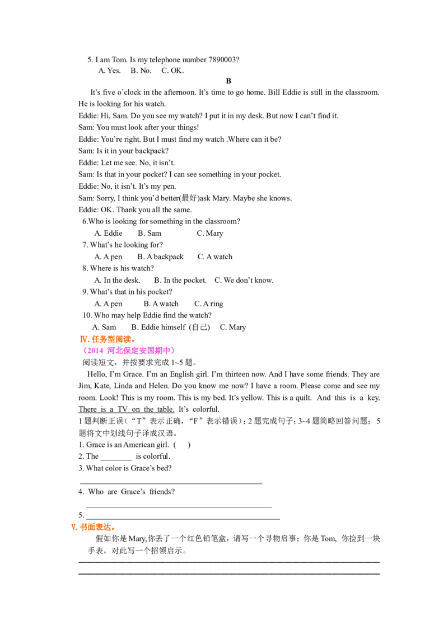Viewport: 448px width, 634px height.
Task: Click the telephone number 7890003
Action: (222, 60)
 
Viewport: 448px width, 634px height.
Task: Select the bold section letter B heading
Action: (228, 81)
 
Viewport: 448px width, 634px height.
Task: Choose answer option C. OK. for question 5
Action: (172, 71)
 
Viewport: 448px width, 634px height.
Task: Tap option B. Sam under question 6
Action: (149, 234)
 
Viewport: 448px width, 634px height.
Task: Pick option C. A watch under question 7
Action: (214, 257)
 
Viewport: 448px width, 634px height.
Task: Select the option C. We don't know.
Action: (244, 280)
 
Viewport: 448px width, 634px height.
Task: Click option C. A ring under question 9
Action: (209, 304)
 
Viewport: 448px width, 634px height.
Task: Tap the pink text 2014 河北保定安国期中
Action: (129, 351)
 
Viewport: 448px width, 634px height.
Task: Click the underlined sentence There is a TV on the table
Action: (127, 409)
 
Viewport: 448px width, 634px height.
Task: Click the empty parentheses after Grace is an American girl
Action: (182, 445)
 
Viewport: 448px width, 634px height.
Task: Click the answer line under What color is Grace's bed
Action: (171, 483)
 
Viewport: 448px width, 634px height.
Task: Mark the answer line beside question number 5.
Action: (183, 518)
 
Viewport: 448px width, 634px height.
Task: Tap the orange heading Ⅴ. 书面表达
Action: (94, 527)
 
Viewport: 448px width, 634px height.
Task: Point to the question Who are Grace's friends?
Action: (127, 492)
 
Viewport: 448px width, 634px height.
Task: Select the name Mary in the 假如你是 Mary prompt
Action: (137, 539)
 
